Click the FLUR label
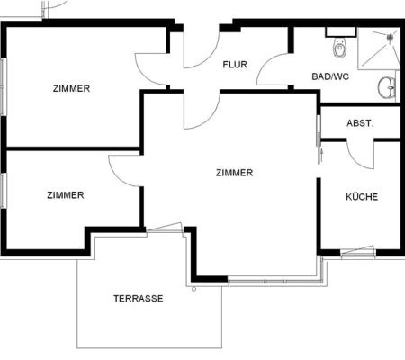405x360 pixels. click(x=235, y=65)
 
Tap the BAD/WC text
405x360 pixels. click(x=330, y=76)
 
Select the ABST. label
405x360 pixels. click(x=360, y=123)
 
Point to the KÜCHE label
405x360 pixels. click(x=362, y=197)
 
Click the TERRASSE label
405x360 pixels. click(x=139, y=299)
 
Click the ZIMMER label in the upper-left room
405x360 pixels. click(x=71, y=88)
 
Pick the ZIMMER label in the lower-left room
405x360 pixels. click(x=66, y=195)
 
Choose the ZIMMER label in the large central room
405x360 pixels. click(x=234, y=173)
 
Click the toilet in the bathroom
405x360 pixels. click(x=339, y=48)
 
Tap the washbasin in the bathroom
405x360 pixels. click(x=387, y=87)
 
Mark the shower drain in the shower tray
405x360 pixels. click(x=390, y=38)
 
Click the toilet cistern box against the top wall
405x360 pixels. click(x=341, y=32)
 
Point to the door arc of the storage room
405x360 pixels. click(x=354, y=160)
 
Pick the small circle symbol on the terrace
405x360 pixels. click(x=193, y=289)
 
